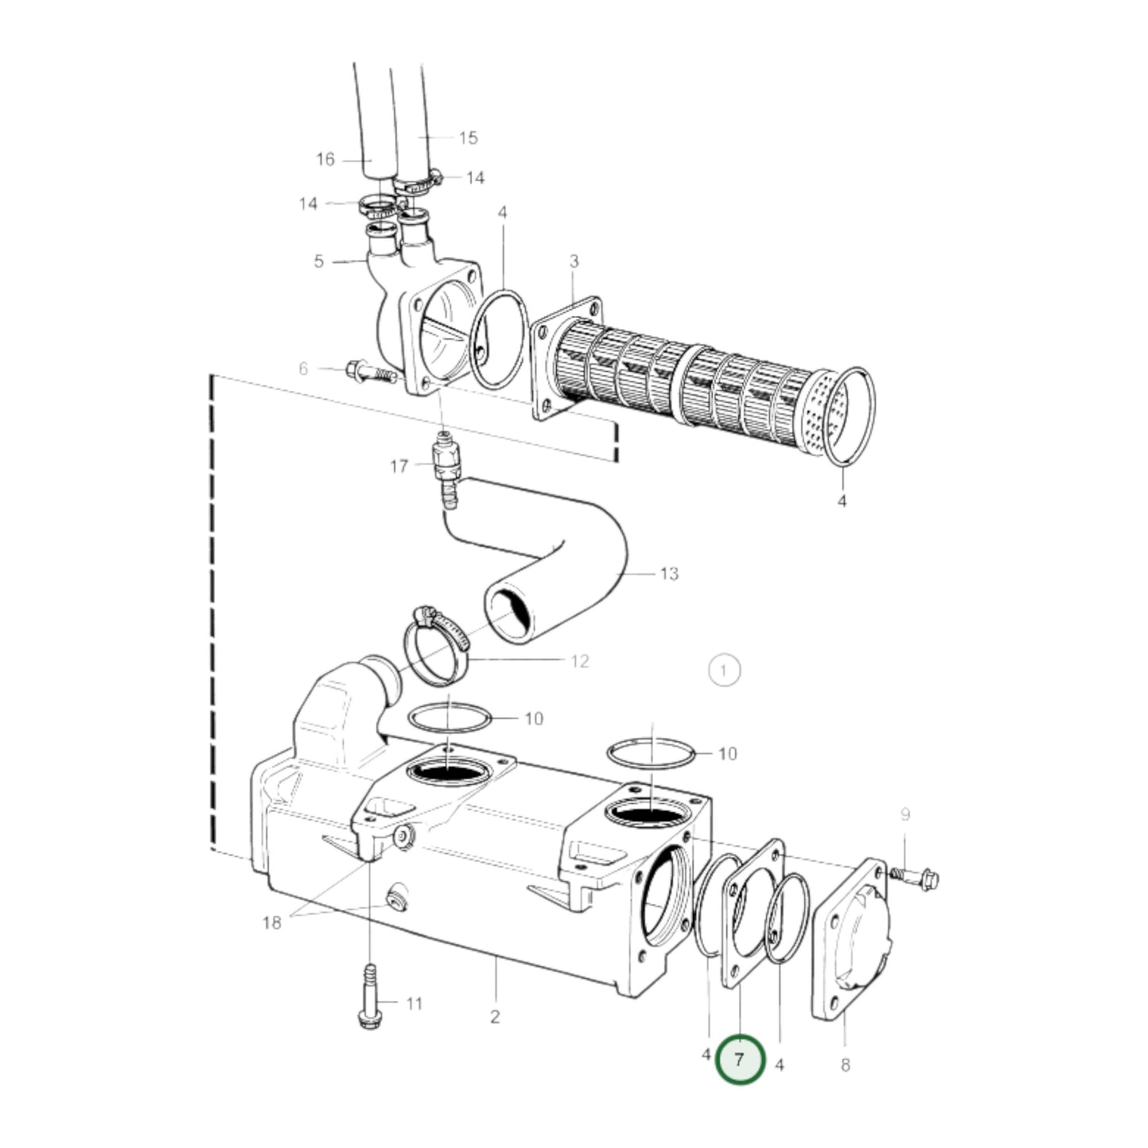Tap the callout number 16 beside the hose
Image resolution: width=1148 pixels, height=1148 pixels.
(x=326, y=160)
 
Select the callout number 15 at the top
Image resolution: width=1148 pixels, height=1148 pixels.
(x=468, y=138)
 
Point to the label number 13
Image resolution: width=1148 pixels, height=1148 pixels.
(x=669, y=574)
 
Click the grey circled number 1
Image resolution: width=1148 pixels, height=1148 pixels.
(x=723, y=671)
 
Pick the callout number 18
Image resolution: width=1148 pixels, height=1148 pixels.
(x=272, y=922)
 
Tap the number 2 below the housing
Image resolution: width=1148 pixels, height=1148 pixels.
(x=494, y=1016)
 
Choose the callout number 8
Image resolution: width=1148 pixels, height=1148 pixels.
(x=845, y=1065)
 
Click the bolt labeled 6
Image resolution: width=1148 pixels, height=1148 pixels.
(x=369, y=371)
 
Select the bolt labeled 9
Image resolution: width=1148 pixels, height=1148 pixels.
(x=917, y=878)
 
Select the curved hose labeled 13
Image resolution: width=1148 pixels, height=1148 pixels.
(x=556, y=572)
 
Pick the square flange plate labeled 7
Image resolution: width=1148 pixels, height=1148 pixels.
(x=751, y=914)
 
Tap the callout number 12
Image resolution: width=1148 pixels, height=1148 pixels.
(x=580, y=661)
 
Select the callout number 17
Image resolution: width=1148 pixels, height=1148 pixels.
(x=399, y=466)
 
